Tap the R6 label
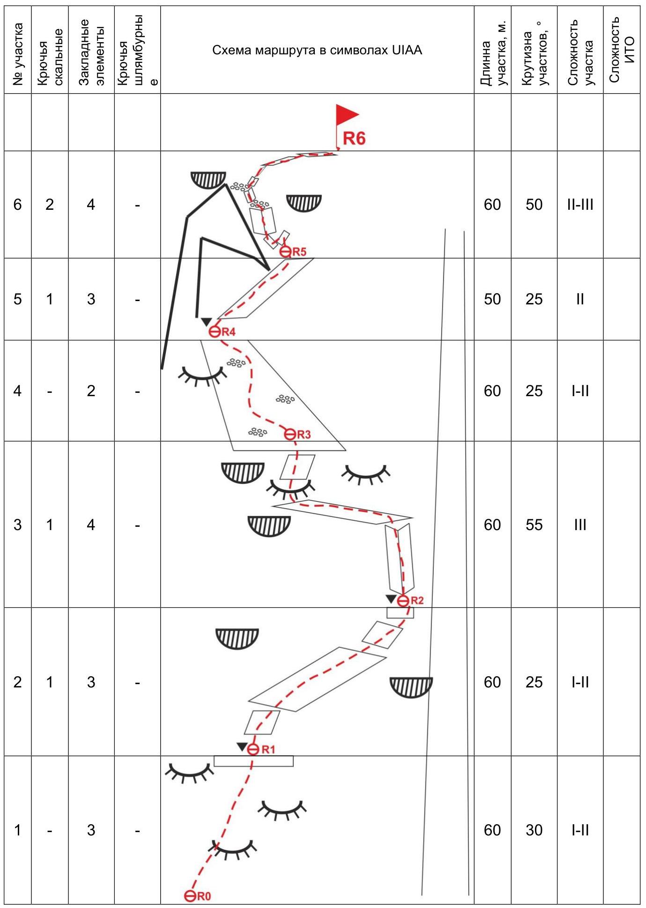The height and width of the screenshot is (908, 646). pos(354,139)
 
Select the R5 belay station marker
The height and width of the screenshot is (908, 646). pos(285,252)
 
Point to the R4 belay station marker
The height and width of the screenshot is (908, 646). pos(215,332)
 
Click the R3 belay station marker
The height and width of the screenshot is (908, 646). pos(290,434)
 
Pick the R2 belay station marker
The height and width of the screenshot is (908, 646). pos(403,601)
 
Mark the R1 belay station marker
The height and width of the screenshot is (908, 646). pos(253,749)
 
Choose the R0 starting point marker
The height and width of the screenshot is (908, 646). pos(190,896)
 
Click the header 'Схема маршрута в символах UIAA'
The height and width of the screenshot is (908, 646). pos(317,50)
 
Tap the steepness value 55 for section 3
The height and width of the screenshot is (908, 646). pos(534,524)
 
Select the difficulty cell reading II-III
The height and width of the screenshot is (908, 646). pos(580,205)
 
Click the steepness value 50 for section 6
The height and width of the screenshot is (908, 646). pos(534,205)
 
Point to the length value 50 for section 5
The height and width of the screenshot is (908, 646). pos(492,299)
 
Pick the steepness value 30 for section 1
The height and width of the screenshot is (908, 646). pos(534,830)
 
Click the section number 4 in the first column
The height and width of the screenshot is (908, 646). pos(17,391)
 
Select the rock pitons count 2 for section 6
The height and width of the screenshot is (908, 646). pos(50,205)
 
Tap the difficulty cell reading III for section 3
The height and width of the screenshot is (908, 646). pos(580,524)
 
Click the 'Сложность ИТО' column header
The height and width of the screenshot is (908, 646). pos(622,50)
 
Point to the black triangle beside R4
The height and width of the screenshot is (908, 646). pos(206,322)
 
